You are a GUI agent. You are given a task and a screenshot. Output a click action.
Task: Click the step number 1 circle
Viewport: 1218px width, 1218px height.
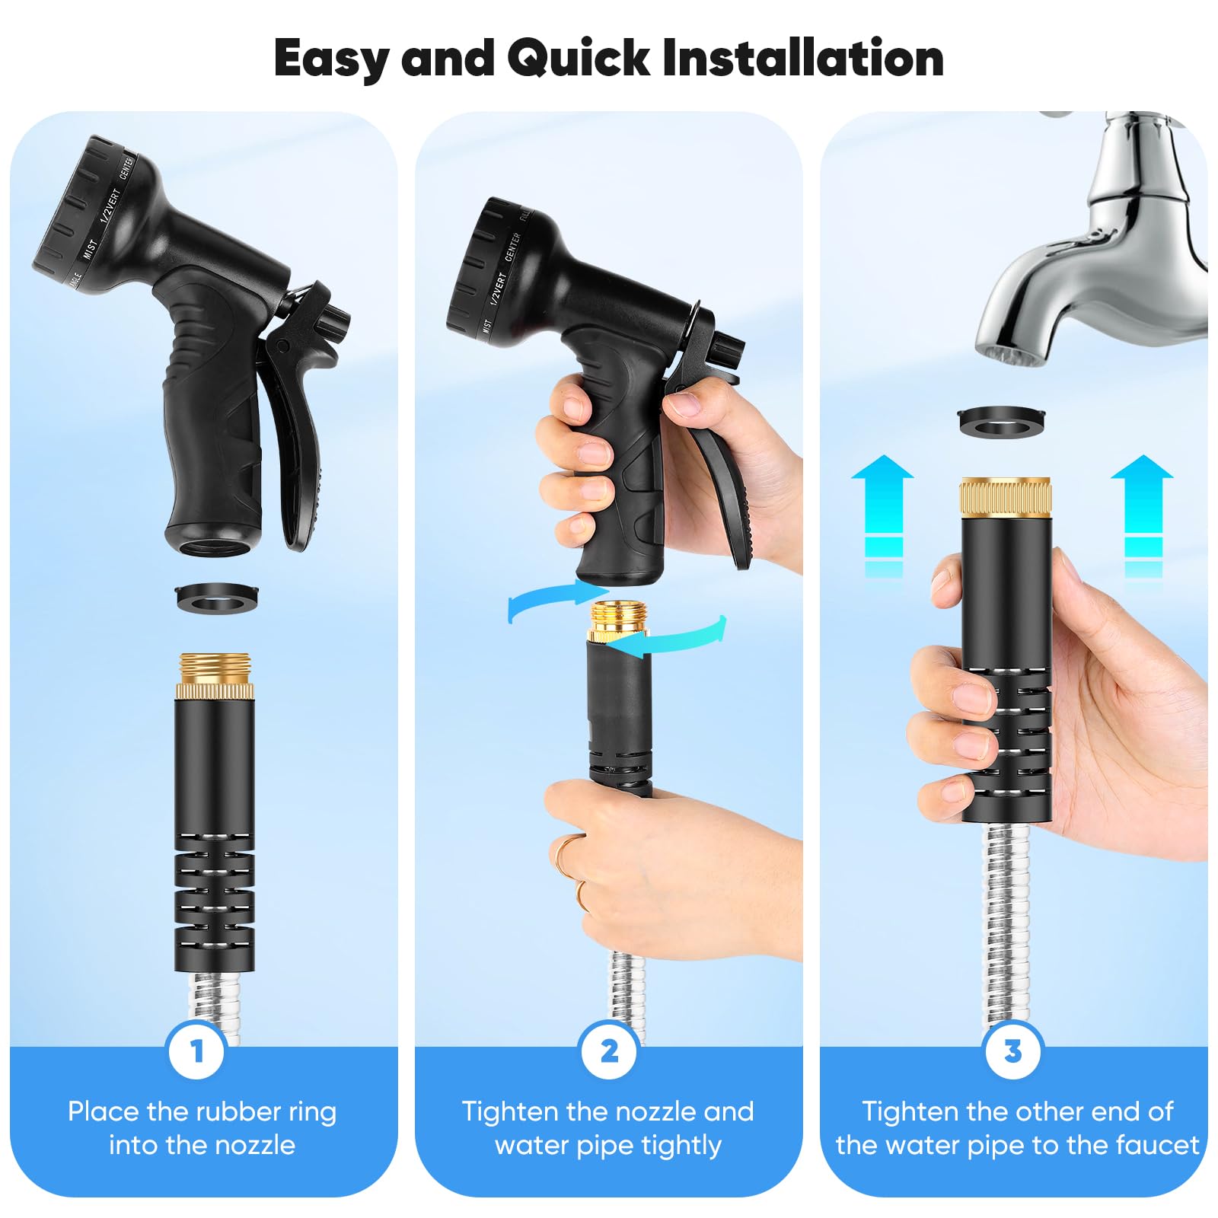click(x=197, y=1051)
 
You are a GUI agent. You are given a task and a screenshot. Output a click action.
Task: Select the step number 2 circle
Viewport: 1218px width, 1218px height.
click(x=609, y=1051)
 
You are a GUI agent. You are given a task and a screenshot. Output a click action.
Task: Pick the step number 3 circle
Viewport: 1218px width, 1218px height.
click(x=1013, y=1051)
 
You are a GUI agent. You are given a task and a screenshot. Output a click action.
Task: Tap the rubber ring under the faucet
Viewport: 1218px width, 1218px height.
click(x=1001, y=422)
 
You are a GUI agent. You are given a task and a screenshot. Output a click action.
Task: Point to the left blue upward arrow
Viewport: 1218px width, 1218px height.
click(x=883, y=514)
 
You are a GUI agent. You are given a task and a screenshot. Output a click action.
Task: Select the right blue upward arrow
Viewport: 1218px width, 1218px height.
click(x=1143, y=514)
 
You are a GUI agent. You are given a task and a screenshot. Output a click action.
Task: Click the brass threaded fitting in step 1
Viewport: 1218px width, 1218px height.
click(x=215, y=676)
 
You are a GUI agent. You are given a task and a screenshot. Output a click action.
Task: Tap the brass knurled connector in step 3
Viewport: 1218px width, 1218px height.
click(x=1006, y=496)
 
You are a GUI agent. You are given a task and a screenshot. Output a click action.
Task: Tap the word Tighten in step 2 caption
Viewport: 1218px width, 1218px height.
click(x=510, y=1112)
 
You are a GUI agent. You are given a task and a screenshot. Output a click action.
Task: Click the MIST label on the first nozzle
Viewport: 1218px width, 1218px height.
click(x=90, y=249)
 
